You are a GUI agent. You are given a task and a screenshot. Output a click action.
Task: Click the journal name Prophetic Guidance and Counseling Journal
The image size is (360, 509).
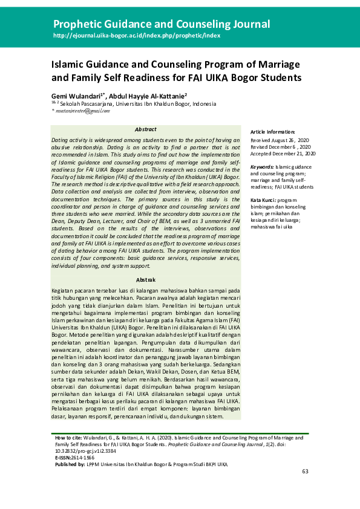[x=162, y=25]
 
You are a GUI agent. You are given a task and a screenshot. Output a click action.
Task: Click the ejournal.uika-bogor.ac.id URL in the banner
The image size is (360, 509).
[x=137, y=36]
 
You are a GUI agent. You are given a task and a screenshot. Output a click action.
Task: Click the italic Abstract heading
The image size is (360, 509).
[x=145, y=129]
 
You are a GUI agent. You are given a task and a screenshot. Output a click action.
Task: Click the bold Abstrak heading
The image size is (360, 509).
[x=145, y=280]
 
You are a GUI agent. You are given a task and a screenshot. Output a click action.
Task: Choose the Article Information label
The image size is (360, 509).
[x=273, y=132]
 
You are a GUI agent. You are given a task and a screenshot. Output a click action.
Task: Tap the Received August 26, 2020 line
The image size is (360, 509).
[x=280, y=139]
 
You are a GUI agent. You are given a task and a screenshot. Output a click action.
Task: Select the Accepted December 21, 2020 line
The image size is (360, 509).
[x=283, y=154]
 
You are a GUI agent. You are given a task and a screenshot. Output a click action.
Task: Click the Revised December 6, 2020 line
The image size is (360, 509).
[x=281, y=146]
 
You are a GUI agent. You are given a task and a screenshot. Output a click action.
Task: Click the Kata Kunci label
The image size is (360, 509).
[x=264, y=199]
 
